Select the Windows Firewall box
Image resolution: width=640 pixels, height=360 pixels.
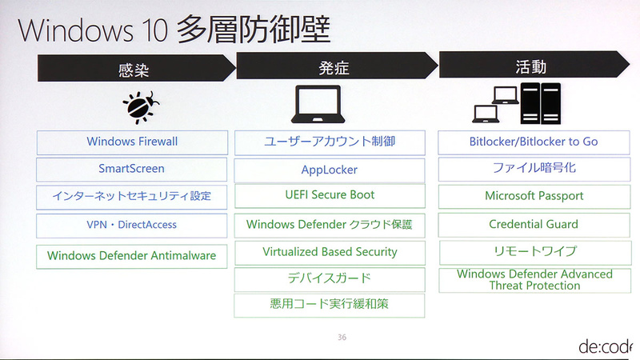[x=131, y=142]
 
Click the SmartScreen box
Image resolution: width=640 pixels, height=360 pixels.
[x=131, y=169]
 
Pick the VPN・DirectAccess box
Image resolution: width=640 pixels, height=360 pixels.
[x=131, y=225]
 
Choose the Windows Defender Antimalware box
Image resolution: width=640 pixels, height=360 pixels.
[x=131, y=256]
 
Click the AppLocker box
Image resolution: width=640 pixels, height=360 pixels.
[x=330, y=170]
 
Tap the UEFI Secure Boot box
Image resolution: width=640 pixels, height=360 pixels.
[x=330, y=195]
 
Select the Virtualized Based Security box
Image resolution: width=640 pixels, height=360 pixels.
[x=330, y=252]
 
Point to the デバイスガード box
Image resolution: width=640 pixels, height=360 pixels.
[x=330, y=279]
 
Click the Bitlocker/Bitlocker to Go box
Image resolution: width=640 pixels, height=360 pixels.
[x=534, y=142]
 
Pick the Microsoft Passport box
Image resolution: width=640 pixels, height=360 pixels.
[x=534, y=196]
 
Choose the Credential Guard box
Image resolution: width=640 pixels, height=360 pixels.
[x=534, y=225]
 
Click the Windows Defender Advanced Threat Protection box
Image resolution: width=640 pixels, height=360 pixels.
[x=534, y=280]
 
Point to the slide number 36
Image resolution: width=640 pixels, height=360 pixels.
[x=342, y=338]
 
